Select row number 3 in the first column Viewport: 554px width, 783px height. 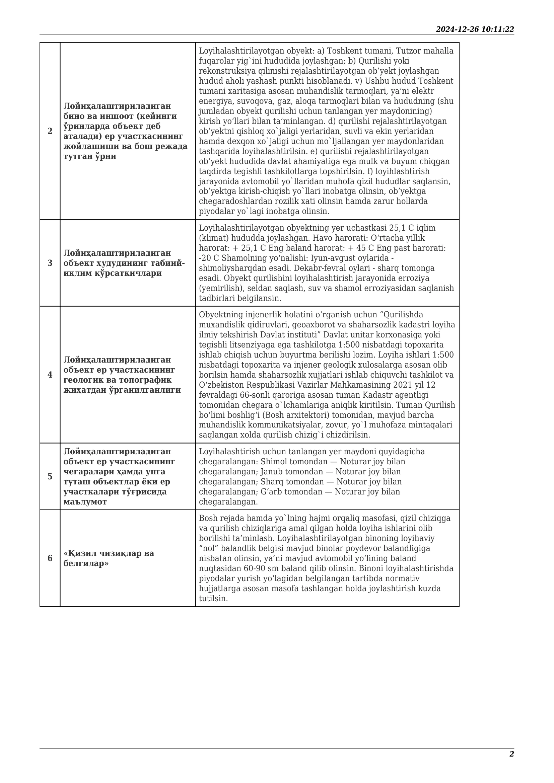click(50, 263)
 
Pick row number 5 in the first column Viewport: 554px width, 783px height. click(50, 476)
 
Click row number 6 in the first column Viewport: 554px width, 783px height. click(50, 558)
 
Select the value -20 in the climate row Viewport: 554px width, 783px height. click(205, 258)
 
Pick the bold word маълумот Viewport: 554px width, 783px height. click(85, 502)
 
